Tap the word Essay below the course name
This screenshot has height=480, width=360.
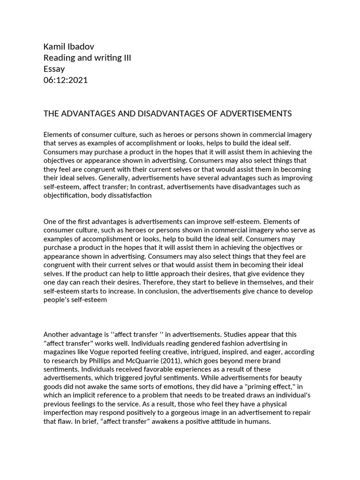[x=54, y=69]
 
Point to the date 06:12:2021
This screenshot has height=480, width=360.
[x=65, y=80]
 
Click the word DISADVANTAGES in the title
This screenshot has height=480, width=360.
[x=153, y=114]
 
